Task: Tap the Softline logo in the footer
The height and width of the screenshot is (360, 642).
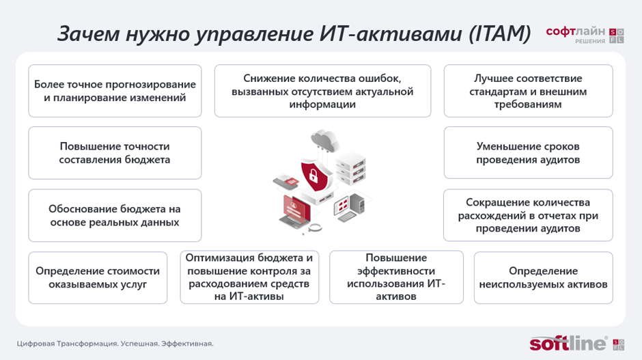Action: coord(577,343)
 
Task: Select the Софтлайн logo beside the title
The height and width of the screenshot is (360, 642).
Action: coord(585,35)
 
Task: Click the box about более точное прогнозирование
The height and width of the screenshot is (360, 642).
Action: coord(115,91)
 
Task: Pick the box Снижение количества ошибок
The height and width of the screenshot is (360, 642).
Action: coord(322,91)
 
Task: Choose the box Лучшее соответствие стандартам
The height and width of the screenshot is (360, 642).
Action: coord(528,91)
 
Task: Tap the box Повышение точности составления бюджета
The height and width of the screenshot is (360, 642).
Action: coord(115,153)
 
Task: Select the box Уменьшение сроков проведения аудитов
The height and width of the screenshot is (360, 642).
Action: coord(528,153)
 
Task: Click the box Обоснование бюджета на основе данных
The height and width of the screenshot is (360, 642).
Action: coord(115,215)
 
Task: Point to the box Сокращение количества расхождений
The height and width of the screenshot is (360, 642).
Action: coord(528,215)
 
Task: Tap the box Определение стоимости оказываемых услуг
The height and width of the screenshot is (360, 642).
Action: coord(98,277)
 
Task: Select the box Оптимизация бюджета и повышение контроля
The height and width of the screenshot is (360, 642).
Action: coord(249,277)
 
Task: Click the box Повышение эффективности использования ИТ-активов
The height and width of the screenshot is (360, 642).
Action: coord(396,277)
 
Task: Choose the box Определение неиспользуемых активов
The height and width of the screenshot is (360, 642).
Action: coord(544,277)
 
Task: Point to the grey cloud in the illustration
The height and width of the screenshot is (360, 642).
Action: coord(325,140)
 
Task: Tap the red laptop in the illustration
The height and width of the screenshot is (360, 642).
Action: coord(296,211)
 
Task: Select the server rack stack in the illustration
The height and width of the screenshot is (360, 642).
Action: coord(351,168)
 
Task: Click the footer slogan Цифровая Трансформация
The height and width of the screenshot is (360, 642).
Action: coord(115,344)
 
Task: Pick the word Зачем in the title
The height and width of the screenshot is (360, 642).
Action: coord(87,33)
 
